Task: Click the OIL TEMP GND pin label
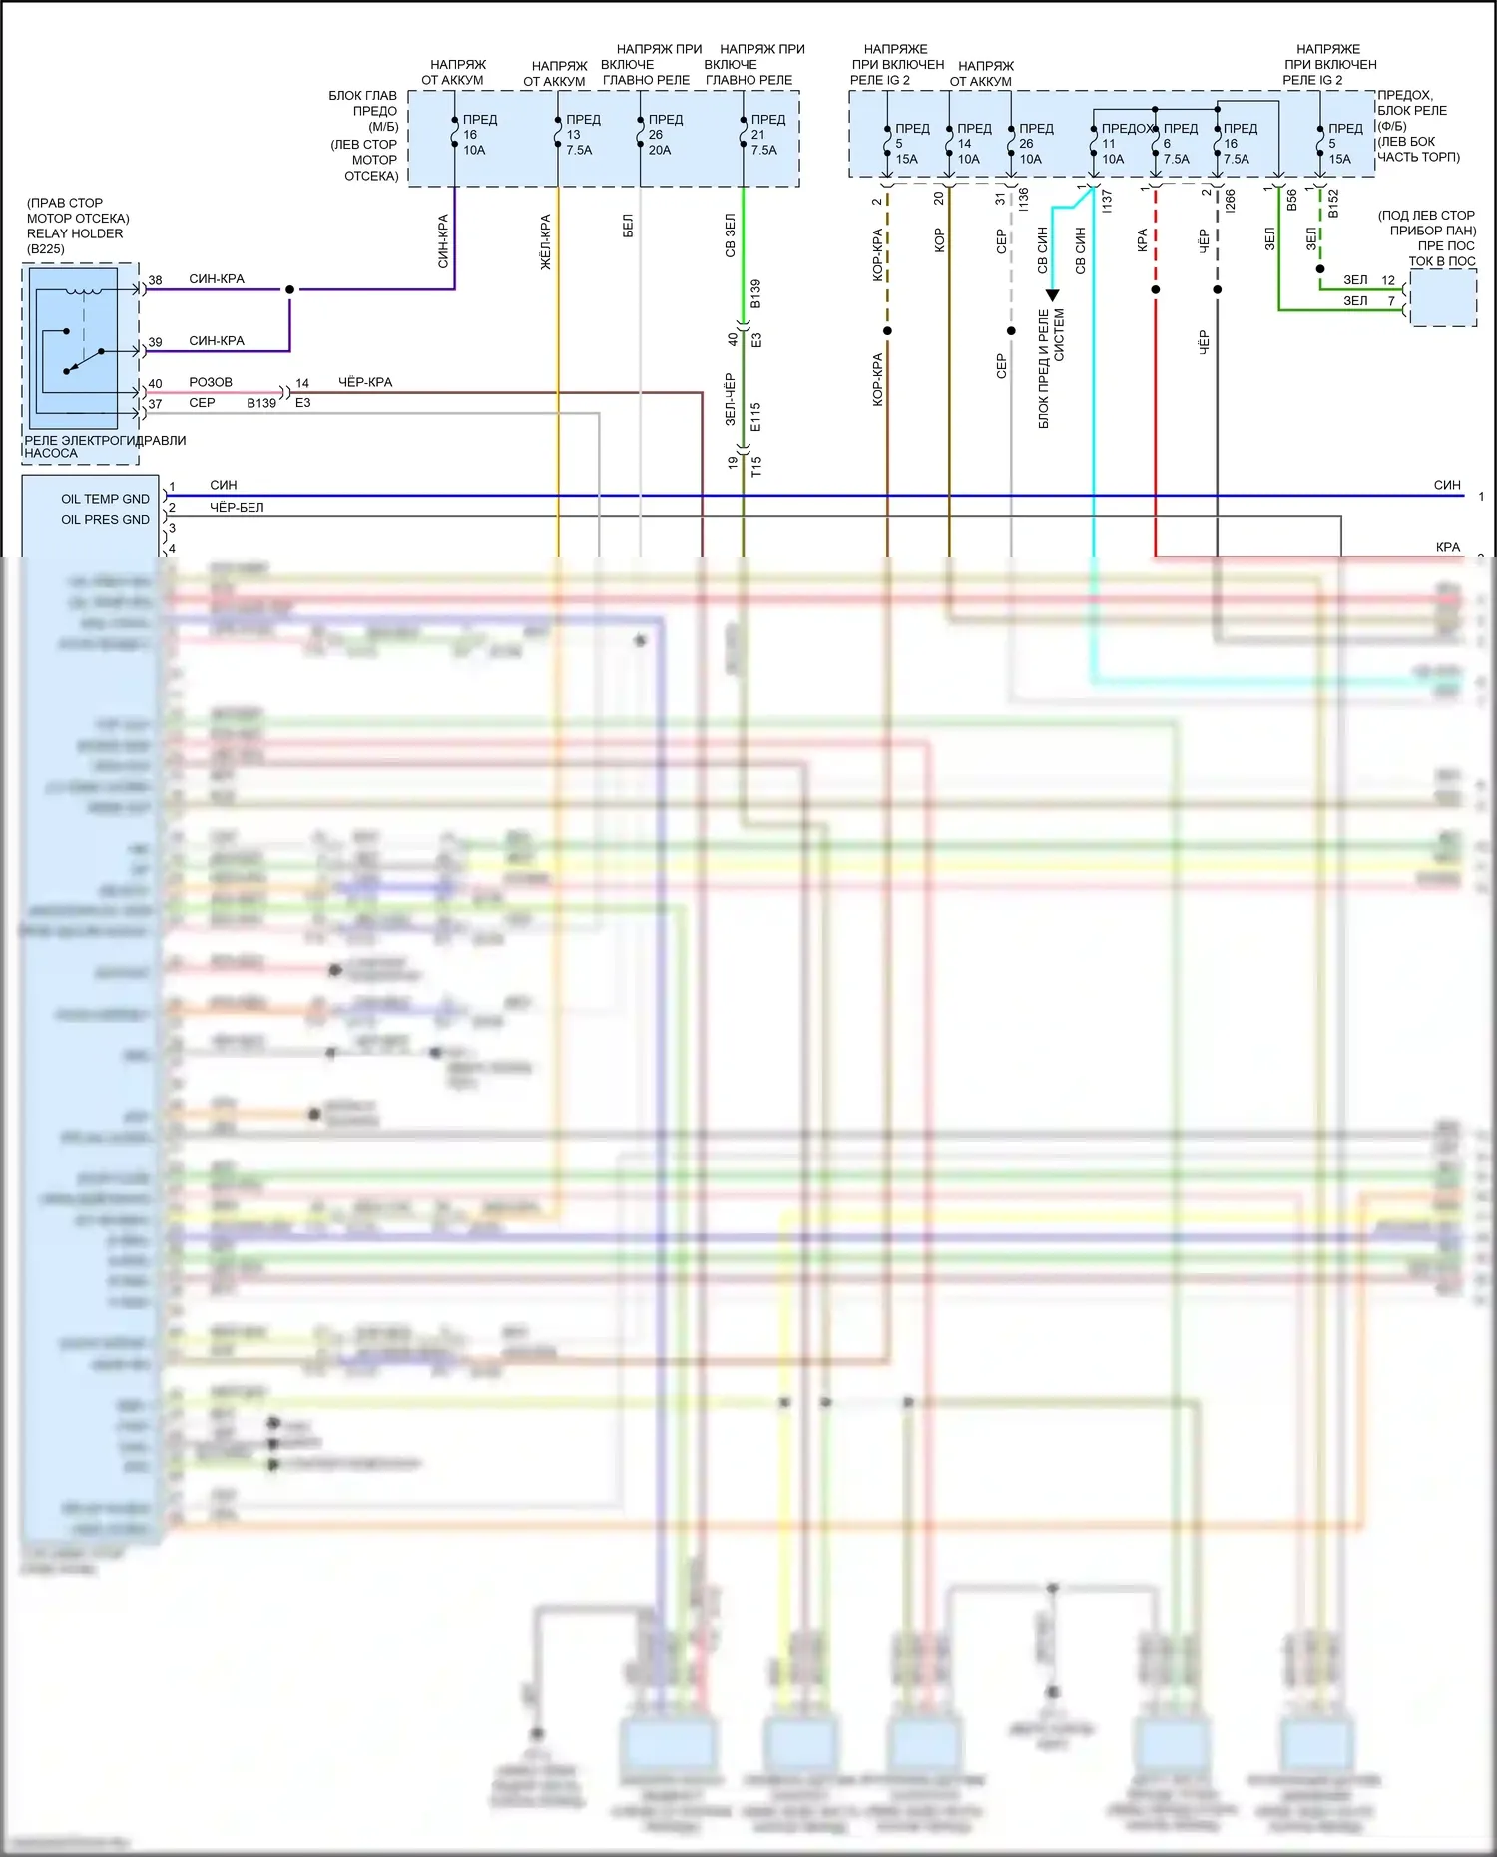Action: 105,499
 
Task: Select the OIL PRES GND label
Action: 105,520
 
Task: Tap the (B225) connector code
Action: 46,249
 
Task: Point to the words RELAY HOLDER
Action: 75,233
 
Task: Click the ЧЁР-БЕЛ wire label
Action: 237,508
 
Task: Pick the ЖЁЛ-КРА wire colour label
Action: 546,242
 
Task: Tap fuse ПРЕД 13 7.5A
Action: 581,135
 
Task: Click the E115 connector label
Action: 755,417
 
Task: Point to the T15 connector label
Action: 755,466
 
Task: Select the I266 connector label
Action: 1230,201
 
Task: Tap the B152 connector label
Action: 1333,203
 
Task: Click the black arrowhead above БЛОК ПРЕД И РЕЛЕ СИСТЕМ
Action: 1052,295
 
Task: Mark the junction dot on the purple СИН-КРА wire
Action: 290,289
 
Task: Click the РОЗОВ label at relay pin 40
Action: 211,382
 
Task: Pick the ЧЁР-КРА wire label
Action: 365,382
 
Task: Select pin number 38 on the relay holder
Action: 155,280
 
